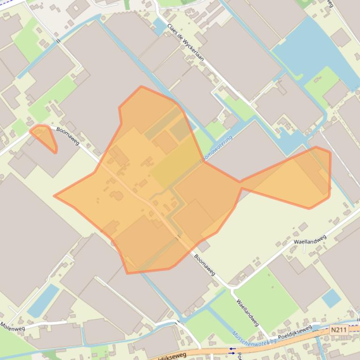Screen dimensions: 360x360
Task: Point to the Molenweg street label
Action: coord(13,328)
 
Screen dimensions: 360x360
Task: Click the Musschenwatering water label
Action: coord(254,339)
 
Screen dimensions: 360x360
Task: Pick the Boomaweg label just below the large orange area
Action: coord(205,265)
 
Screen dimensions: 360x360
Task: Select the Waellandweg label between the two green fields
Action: coord(248,313)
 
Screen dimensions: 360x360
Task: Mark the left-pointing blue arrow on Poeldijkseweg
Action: coord(232,348)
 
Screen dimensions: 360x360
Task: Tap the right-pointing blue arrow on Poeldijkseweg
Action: coord(232,353)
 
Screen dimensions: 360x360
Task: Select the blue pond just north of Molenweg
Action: coord(43,301)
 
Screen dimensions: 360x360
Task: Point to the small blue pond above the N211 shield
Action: coord(331,298)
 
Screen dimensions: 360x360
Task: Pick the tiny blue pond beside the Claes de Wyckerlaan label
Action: coord(159,27)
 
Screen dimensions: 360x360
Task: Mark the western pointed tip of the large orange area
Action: coord(55,196)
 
